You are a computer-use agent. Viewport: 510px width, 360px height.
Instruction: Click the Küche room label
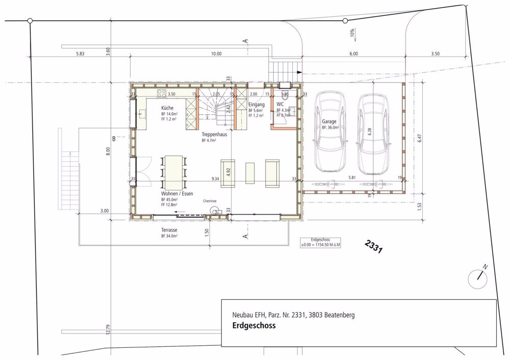pos(168,109)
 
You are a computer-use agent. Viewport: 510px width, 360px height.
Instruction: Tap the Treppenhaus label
pos(214,134)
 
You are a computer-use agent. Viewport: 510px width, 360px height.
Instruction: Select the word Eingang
pos(256,105)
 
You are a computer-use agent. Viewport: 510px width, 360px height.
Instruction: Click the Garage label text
pos(329,122)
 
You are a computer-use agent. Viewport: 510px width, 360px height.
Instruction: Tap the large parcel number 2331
pos(374,247)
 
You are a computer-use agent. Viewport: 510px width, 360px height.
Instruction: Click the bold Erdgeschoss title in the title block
pos(253,326)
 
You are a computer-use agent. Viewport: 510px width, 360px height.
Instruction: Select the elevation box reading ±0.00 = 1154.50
pos(320,242)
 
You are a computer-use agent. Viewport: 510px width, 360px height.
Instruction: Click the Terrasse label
pos(169,230)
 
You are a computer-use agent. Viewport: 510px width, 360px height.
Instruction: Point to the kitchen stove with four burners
pos(162,93)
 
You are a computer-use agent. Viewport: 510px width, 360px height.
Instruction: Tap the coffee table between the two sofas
pos(250,173)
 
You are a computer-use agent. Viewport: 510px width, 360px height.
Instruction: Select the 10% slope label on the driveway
pos(352,34)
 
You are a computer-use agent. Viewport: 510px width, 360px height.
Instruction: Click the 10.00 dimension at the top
pos(216,54)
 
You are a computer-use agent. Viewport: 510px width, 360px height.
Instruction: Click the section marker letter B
pos(115,138)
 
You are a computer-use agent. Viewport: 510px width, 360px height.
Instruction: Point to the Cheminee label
pos(210,201)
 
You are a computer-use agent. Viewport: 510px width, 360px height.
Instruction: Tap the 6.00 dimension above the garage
pos(353,54)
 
